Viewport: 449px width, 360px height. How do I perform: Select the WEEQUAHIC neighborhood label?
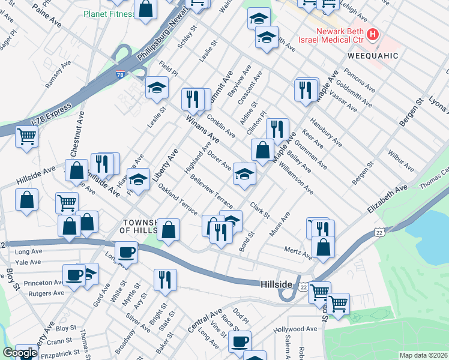click(372, 56)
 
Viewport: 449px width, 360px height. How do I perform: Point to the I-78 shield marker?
click(120, 75)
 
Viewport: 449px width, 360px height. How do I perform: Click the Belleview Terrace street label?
click(211, 197)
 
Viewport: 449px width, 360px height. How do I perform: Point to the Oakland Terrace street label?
click(178, 200)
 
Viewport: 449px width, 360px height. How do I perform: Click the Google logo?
click(19, 353)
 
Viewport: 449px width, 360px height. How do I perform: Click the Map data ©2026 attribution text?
click(423, 355)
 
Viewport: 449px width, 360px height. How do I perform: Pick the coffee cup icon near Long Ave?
click(126, 251)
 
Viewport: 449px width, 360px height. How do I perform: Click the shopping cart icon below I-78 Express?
click(27, 137)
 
